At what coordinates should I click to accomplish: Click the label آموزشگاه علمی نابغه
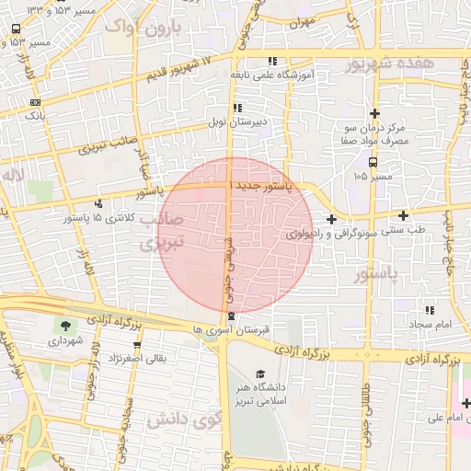[x=276, y=74]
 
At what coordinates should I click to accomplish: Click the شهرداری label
[x=65, y=339]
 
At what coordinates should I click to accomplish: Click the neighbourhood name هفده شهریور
[x=393, y=64]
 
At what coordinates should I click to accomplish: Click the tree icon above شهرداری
[x=65, y=325]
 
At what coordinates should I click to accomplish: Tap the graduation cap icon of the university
[x=261, y=373]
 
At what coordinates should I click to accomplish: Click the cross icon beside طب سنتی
[x=403, y=215]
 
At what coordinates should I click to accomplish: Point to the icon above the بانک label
[x=35, y=101]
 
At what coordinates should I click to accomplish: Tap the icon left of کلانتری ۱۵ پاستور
[x=98, y=202]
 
